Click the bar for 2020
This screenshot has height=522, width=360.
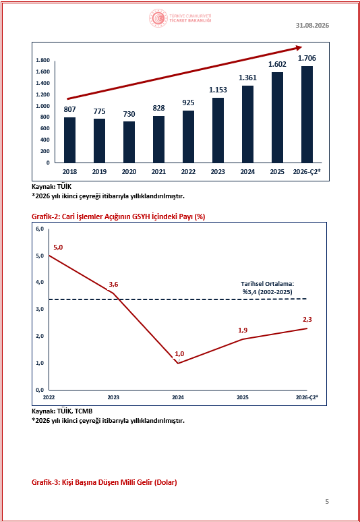pyautogui.click(x=129, y=142)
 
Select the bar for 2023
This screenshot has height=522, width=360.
pyautogui.click(x=218, y=130)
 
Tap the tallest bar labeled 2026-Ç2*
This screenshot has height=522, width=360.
pyautogui.click(x=307, y=115)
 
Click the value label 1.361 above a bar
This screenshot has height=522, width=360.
pyautogui.click(x=247, y=78)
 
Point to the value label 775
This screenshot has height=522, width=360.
pyautogui.click(x=99, y=111)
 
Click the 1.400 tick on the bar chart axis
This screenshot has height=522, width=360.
pyautogui.click(x=42, y=83)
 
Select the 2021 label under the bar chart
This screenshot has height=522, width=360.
pyautogui.click(x=158, y=172)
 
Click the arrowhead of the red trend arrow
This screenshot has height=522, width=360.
pyautogui.click(x=297, y=49)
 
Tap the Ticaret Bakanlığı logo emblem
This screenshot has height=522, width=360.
pyautogui.click(x=158, y=18)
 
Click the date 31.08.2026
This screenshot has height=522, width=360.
pyautogui.click(x=312, y=26)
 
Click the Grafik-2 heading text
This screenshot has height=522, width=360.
pyautogui.click(x=118, y=216)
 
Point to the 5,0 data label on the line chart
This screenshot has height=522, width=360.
pyautogui.click(x=58, y=248)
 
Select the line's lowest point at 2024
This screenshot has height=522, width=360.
pyautogui.click(x=178, y=364)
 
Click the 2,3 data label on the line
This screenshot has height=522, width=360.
pyautogui.click(x=307, y=319)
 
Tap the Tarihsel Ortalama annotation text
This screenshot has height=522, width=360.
pyautogui.click(x=266, y=288)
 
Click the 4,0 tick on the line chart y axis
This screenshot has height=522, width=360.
pyautogui.click(x=39, y=283)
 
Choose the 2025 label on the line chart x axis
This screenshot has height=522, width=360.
pyautogui.click(x=243, y=397)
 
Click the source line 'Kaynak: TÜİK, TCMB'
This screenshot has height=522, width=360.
pyautogui.click(x=61, y=411)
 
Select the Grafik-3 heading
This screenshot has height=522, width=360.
pyautogui.click(x=104, y=482)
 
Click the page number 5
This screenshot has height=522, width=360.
pyautogui.click(x=327, y=501)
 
